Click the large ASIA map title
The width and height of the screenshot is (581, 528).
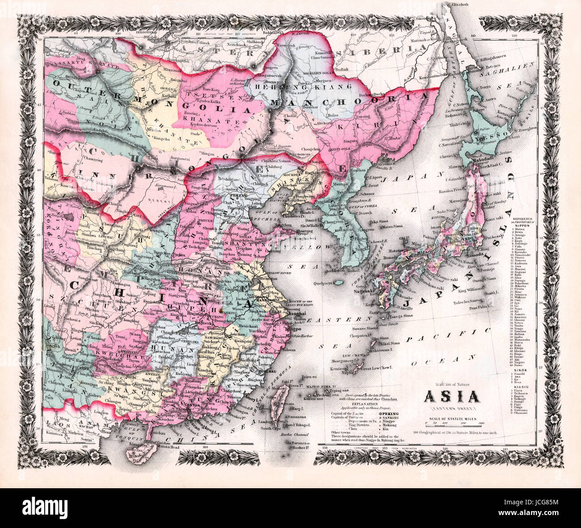coord(451,397)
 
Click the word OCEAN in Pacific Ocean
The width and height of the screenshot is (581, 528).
coord(447,359)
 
